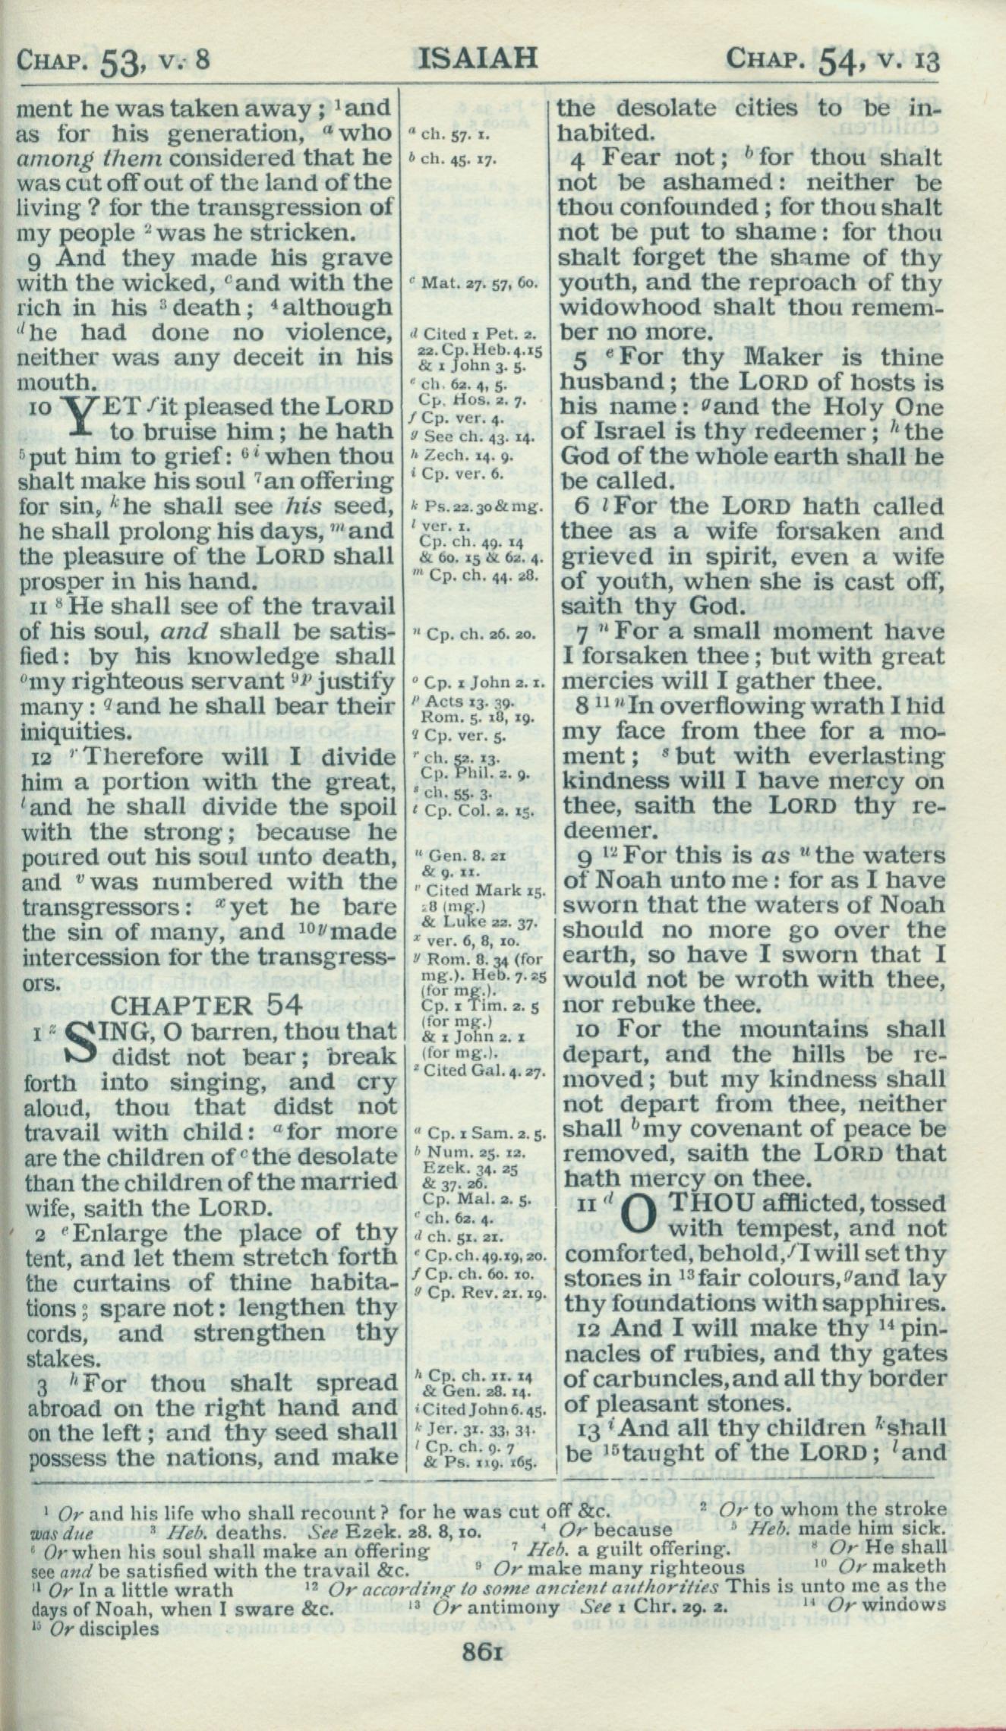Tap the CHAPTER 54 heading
click(x=207, y=1005)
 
